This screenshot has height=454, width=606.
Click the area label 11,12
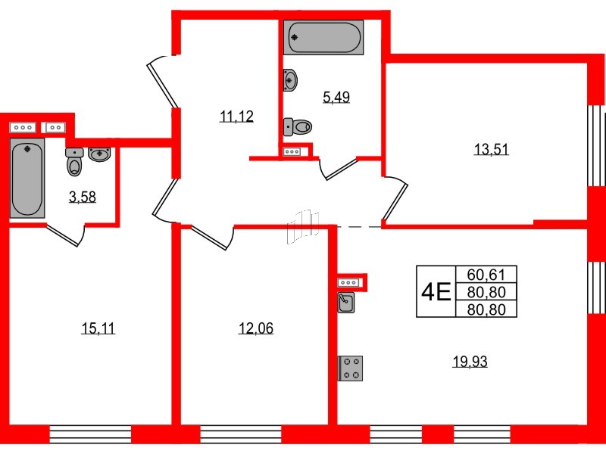point(236,117)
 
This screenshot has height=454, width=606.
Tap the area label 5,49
point(336,97)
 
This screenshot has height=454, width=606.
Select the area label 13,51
point(490,149)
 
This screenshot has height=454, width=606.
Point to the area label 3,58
point(83,198)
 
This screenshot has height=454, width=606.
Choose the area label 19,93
point(470,362)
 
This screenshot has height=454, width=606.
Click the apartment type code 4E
point(436,291)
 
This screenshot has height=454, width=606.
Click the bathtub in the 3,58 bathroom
point(28,177)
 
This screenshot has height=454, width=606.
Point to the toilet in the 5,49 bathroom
point(298,127)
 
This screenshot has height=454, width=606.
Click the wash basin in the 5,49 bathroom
point(291,79)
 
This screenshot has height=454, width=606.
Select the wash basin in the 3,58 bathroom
point(101,154)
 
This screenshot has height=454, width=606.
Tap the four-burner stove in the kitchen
point(351,368)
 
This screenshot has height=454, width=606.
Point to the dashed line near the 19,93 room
point(359,226)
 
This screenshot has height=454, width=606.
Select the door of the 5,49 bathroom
point(339,169)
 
